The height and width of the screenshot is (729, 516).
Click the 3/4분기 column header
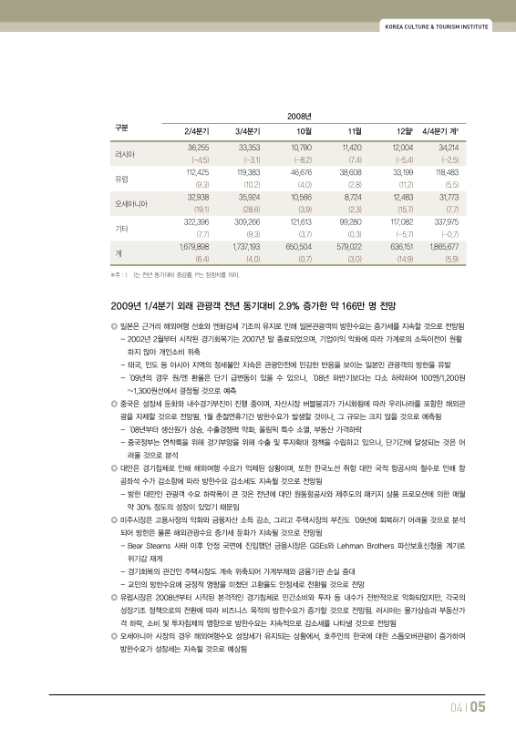(x=248, y=131)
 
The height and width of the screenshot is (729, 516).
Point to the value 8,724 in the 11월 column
(x=351, y=196)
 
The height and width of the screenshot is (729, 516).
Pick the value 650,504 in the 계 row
(x=299, y=246)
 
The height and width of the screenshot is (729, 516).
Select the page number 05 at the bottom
(x=478, y=705)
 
